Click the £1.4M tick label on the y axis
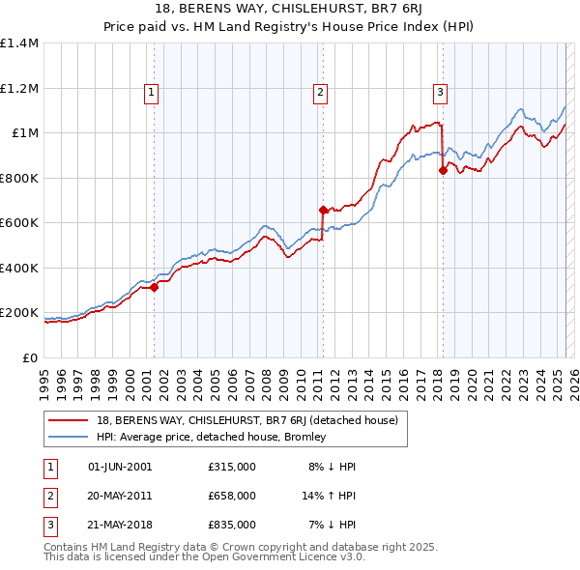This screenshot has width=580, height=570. pos(18,43)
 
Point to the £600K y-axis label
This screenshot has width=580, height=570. pos(18,223)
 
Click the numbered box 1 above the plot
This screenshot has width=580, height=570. pos(153,93)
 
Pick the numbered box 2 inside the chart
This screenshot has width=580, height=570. pos(320,93)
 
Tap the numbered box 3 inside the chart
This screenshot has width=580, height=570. pos(440,93)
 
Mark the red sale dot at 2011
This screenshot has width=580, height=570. pos(323,209)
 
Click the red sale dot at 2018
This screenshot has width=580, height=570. pos(443,170)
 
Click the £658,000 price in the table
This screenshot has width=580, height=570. pos(232,496)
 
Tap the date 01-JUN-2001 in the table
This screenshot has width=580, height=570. pos(120,467)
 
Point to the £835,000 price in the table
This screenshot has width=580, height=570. pos(232,526)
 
